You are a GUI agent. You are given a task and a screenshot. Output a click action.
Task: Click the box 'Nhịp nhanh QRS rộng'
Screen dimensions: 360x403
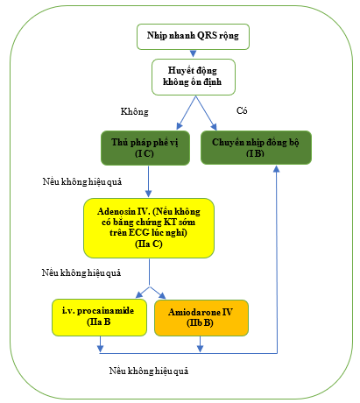(193, 37)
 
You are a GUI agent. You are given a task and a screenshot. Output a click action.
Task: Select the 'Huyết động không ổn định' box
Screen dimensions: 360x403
(194, 77)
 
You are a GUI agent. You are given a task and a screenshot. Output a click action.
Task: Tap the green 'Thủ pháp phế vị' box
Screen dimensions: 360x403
(145, 148)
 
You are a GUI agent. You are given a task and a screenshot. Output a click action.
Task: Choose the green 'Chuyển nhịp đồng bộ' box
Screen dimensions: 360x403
(256, 147)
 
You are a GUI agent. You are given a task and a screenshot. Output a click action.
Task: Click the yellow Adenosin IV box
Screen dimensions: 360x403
(149, 228)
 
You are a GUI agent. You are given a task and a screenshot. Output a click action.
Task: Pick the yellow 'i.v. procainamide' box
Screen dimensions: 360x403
(99, 317)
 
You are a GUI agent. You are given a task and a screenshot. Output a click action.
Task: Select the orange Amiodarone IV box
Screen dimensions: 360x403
(201, 318)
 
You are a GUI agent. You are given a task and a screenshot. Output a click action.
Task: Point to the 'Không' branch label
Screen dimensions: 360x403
(135, 111)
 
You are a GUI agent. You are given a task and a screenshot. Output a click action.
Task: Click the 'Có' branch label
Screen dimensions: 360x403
(242, 110)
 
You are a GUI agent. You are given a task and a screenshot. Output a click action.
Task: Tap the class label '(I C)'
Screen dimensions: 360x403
(145, 153)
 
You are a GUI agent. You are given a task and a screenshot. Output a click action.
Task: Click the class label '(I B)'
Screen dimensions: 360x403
(255, 153)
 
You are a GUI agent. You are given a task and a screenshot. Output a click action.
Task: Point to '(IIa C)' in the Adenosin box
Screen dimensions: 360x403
(149, 244)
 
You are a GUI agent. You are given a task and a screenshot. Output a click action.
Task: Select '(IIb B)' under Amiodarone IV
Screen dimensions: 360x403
(200, 322)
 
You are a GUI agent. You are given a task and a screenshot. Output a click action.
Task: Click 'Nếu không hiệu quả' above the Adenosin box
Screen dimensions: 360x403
(82, 181)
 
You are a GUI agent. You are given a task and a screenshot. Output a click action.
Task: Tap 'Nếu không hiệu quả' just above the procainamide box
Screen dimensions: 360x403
(81, 272)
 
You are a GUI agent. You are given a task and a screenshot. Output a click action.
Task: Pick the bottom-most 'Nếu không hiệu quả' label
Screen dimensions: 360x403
(149, 371)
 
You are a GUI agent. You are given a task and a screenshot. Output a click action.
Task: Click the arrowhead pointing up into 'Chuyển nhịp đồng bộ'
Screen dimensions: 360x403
(276, 169)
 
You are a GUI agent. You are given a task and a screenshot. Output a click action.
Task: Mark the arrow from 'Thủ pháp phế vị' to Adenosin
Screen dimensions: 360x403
(148, 181)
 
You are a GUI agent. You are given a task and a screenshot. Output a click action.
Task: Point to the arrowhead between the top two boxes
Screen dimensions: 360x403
(193, 53)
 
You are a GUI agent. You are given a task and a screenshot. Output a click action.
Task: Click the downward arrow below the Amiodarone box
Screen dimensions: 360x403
(200, 344)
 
